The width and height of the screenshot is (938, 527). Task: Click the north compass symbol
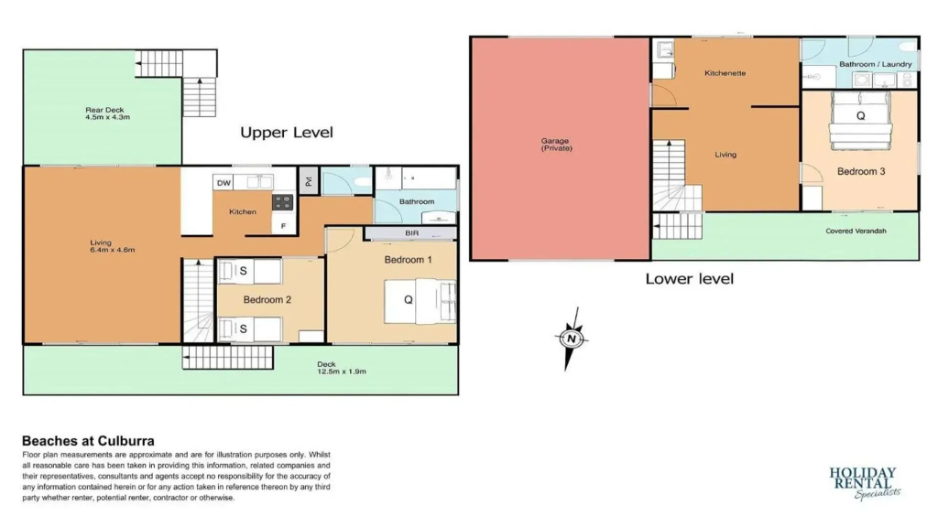[572, 339]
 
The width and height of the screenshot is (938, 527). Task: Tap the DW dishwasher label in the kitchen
[224, 183]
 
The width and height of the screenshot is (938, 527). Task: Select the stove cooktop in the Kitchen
[283, 202]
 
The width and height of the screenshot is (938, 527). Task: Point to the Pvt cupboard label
[309, 181]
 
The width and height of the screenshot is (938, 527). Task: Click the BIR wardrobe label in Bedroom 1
[411, 233]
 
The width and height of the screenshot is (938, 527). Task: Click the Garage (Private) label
[556, 145]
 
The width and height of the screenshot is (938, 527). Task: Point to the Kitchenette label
[725, 73]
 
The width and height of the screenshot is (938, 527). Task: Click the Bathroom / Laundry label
[875, 64]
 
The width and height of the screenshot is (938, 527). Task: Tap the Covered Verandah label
[856, 231]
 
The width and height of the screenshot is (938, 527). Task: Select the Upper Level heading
[287, 132]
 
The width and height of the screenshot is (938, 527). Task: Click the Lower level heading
[689, 278]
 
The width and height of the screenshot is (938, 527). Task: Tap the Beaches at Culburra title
[89, 441]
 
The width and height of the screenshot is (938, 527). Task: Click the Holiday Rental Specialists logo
[865, 483]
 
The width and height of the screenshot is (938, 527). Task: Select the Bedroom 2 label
[267, 299]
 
